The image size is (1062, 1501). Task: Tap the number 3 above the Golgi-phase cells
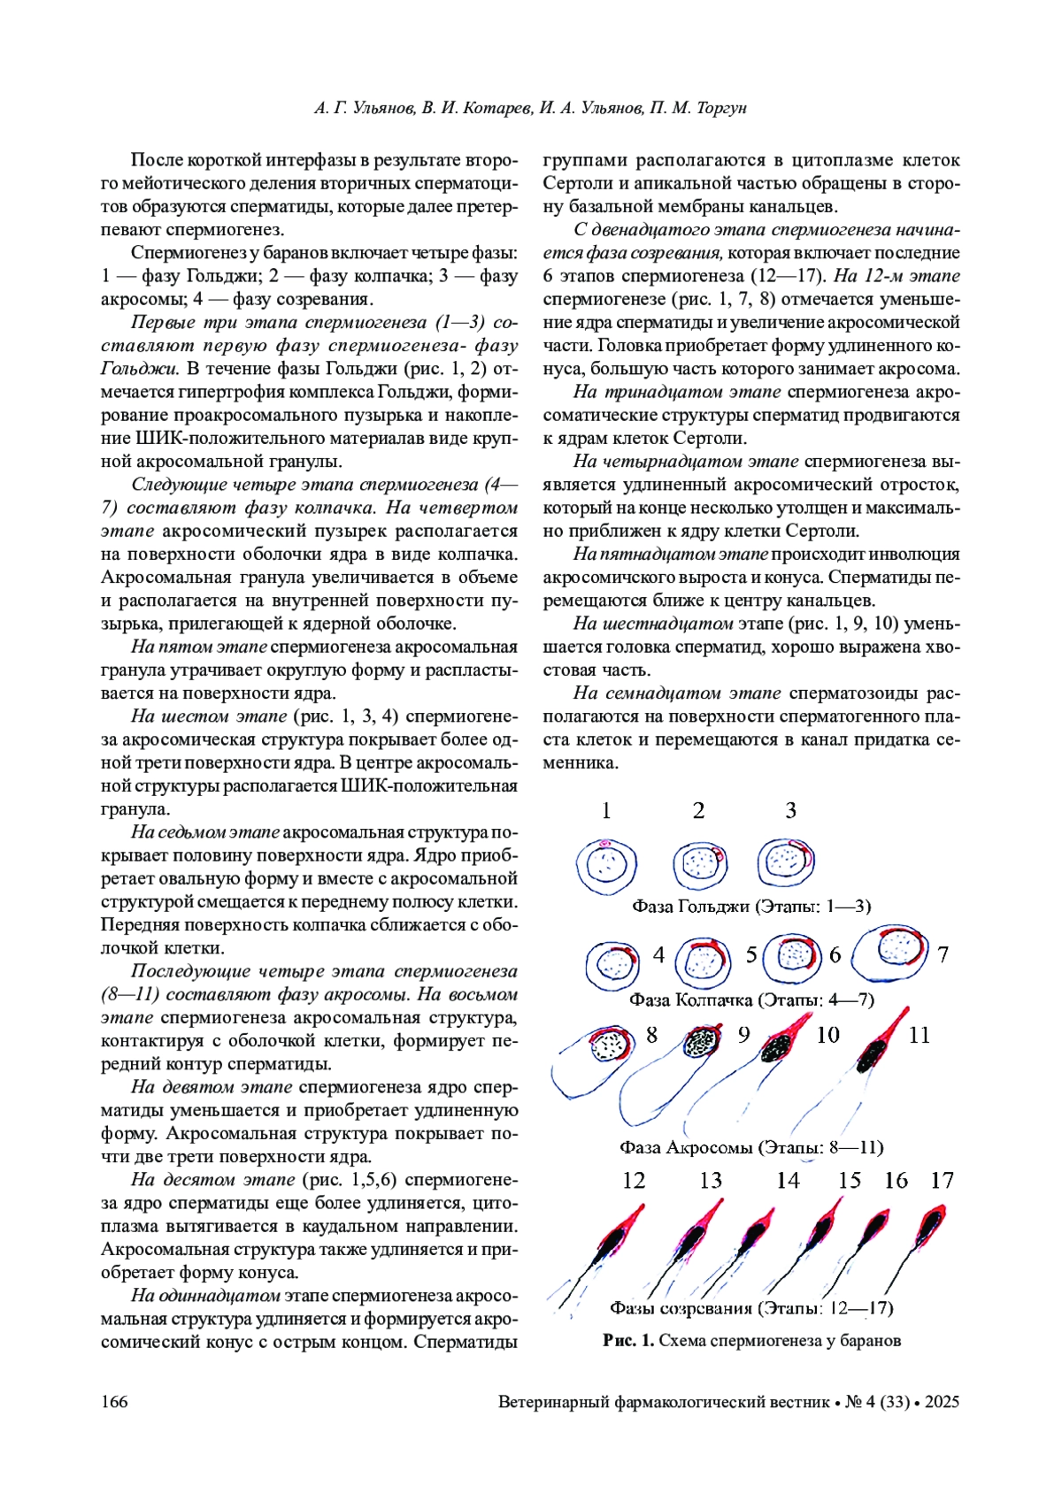click(791, 810)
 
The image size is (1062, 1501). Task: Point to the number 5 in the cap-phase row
click(751, 955)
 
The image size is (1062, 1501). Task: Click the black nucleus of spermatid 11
click(873, 1053)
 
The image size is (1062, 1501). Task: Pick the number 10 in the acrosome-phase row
click(827, 1035)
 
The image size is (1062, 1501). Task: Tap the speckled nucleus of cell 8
click(608, 1046)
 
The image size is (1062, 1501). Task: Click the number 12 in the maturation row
click(634, 1181)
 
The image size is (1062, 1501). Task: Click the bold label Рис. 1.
click(628, 1341)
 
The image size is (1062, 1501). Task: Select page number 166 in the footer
click(114, 1402)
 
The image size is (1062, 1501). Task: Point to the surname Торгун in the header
click(721, 108)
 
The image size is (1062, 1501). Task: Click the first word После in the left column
click(156, 161)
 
